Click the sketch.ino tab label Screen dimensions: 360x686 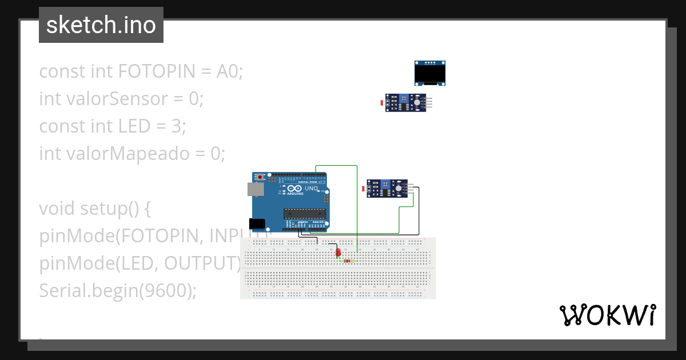click(x=101, y=25)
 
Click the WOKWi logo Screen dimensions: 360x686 click(x=607, y=315)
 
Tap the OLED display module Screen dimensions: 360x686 click(x=430, y=73)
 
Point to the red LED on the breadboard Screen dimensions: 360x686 click(x=338, y=251)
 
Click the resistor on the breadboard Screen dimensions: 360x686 click(x=347, y=261)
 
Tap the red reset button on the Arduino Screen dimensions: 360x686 click(x=261, y=177)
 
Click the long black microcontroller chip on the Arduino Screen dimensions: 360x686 click(x=305, y=214)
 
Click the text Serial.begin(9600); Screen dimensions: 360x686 click(x=117, y=291)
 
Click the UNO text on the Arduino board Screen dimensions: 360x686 click(x=311, y=189)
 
